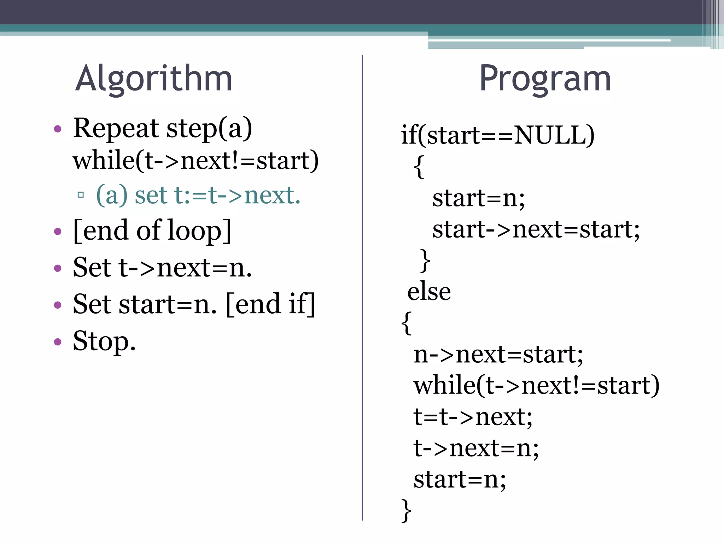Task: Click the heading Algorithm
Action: [154, 78]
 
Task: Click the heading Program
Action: [545, 78]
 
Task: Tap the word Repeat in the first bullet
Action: [116, 128]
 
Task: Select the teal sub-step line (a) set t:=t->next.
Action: [198, 195]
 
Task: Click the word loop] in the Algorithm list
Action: [199, 230]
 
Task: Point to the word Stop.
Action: [104, 341]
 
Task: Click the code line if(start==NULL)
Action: [497, 135]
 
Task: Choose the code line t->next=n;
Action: [476, 448]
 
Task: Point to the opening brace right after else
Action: [407, 322]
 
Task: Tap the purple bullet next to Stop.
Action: [58, 341]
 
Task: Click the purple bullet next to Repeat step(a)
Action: [58, 129]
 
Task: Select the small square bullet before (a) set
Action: [81, 194]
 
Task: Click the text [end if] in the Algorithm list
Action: [270, 304]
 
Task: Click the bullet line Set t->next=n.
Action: [162, 268]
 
